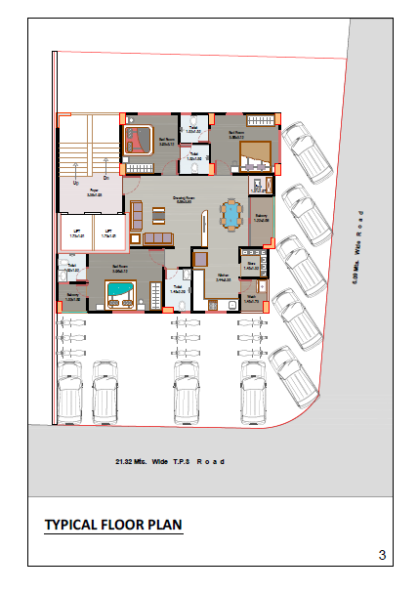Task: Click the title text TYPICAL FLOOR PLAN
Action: (113, 526)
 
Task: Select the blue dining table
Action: (230, 214)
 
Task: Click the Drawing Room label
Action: (183, 199)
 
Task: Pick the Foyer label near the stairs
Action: (95, 193)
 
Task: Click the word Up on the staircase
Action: (75, 182)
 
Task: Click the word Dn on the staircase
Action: (105, 178)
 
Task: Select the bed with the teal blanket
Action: (118, 291)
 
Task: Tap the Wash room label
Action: (251, 299)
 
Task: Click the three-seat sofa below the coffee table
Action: (157, 238)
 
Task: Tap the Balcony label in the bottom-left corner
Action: (72, 297)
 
